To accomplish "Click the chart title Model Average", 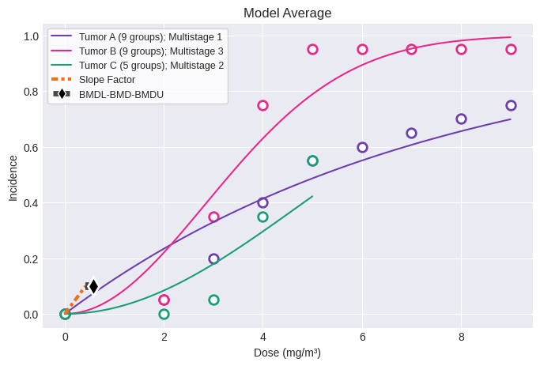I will [x=287, y=13].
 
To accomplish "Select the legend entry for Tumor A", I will [x=150, y=36].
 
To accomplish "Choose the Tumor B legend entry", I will [x=150, y=51].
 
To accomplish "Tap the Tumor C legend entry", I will [x=150, y=65].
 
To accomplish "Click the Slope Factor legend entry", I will [x=107, y=80].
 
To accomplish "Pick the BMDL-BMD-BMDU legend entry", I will [x=121, y=94].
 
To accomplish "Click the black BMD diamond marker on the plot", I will [x=93, y=286].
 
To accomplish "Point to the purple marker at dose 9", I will [x=511, y=105].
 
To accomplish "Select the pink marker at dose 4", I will [x=262, y=105].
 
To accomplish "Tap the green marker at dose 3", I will [x=213, y=300].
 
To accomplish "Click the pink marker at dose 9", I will [x=511, y=49].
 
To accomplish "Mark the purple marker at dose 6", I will [x=362, y=147].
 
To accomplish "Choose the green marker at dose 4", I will [x=262, y=217].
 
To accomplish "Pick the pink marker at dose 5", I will [x=312, y=49].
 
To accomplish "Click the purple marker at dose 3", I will [x=213, y=258].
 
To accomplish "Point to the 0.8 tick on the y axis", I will [x=31, y=92].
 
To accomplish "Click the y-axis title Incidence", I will [x=13, y=178].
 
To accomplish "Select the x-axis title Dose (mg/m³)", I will [x=287, y=353].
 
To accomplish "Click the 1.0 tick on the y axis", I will [x=31, y=36].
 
